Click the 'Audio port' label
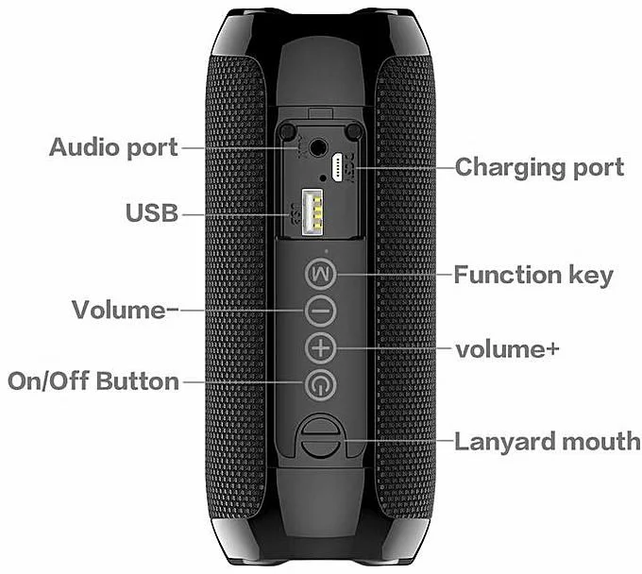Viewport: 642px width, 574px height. (113, 148)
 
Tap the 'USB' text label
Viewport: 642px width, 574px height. (152, 213)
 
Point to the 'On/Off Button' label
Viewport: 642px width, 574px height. (93, 381)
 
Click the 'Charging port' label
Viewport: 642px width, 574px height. (539, 168)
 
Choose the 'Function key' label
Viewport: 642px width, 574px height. (533, 276)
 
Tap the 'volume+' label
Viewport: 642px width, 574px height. (507, 348)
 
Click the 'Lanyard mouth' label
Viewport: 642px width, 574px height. (547, 441)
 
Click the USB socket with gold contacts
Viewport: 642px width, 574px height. (309, 212)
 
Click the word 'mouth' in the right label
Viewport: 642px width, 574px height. (600, 441)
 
